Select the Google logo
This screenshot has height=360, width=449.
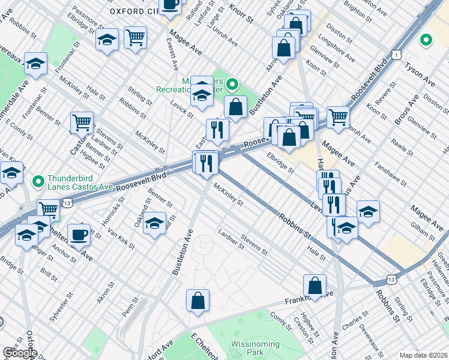click(x=20, y=353)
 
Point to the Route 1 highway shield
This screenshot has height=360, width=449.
click(x=397, y=55)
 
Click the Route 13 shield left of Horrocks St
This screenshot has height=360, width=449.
click(x=68, y=204)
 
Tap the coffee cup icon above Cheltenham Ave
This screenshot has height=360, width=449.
click(x=79, y=233)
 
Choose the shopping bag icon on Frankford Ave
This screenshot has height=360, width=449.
click(x=315, y=286)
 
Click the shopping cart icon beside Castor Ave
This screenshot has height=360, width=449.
click(x=82, y=122)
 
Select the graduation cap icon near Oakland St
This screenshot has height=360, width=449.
click(x=155, y=223)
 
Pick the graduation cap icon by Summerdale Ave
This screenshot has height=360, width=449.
click(x=36, y=64)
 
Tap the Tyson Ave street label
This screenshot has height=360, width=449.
click(x=420, y=73)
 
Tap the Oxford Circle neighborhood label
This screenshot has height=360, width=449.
click(x=135, y=11)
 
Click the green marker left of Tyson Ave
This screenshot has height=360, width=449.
click(x=426, y=41)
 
